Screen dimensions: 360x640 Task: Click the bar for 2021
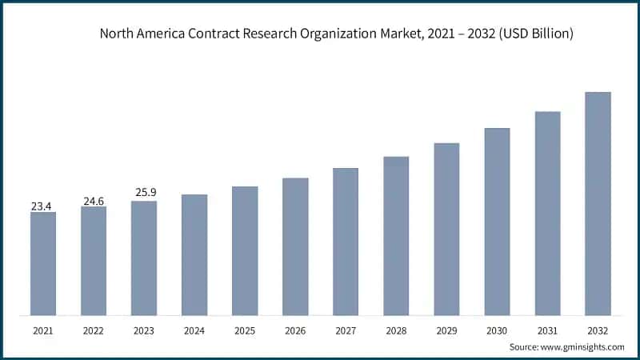(x=43, y=263)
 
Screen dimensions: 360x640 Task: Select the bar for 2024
(x=194, y=254)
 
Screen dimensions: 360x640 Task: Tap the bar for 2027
(x=346, y=241)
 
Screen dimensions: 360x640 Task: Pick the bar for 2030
(x=497, y=221)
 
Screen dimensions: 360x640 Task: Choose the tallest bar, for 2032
(x=598, y=203)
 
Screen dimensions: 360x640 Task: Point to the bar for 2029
(x=446, y=229)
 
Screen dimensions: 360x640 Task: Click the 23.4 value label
(x=42, y=206)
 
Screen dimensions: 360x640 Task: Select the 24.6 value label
(x=94, y=201)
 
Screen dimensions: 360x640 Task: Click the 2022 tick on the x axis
(x=94, y=330)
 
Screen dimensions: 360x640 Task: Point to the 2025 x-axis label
(x=245, y=330)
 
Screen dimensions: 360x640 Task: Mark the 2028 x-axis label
(x=396, y=330)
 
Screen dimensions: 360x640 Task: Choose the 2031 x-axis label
(x=547, y=330)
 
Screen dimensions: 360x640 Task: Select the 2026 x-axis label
(x=295, y=330)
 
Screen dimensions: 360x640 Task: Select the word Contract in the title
(x=214, y=34)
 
